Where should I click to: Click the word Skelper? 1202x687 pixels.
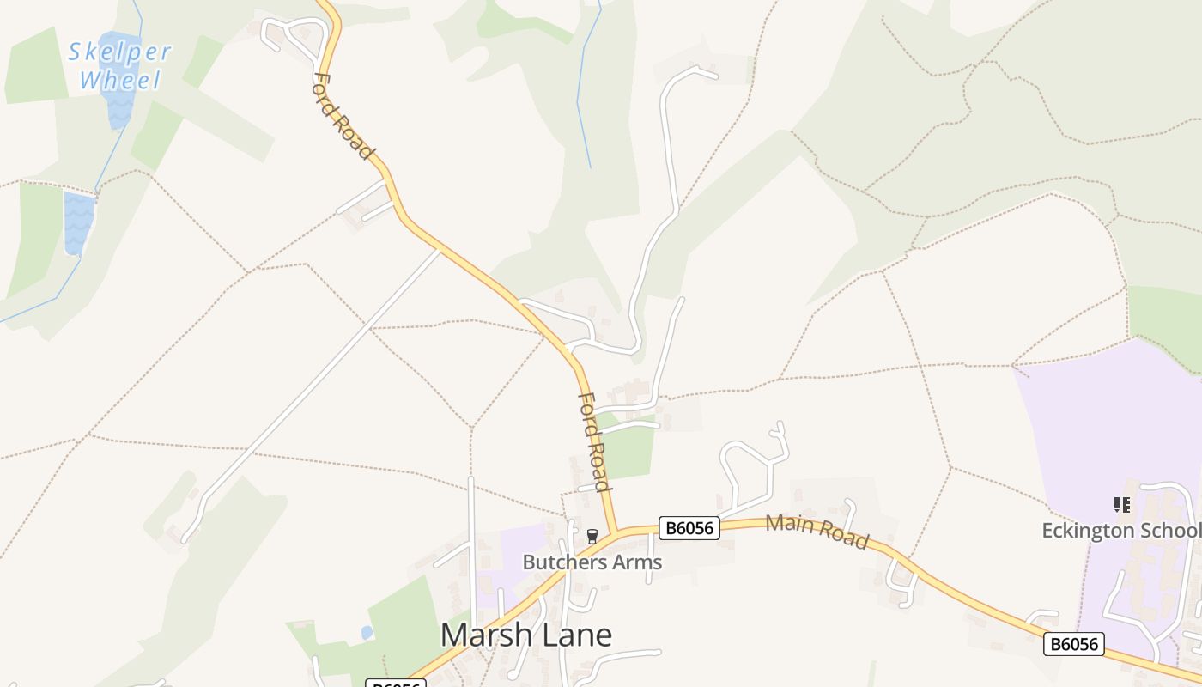click(119, 52)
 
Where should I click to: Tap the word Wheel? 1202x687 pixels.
click(119, 81)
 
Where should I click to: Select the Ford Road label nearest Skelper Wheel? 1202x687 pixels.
click(343, 116)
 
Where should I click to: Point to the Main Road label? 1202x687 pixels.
click(817, 532)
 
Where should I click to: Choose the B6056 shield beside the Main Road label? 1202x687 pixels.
click(689, 527)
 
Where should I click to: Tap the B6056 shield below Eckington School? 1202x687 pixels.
click(1073, 643)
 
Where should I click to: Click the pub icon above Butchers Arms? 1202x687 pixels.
click(592, 537)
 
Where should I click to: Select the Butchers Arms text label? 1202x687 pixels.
click(592, 562)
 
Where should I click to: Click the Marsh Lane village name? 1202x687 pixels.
click(525, 635)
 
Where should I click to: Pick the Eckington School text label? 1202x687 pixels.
click(1120, 531)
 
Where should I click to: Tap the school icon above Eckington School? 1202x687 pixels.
click(1121, 505)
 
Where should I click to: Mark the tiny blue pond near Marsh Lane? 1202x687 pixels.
click(367, 633)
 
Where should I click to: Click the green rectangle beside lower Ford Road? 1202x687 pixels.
click(629, 452)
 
